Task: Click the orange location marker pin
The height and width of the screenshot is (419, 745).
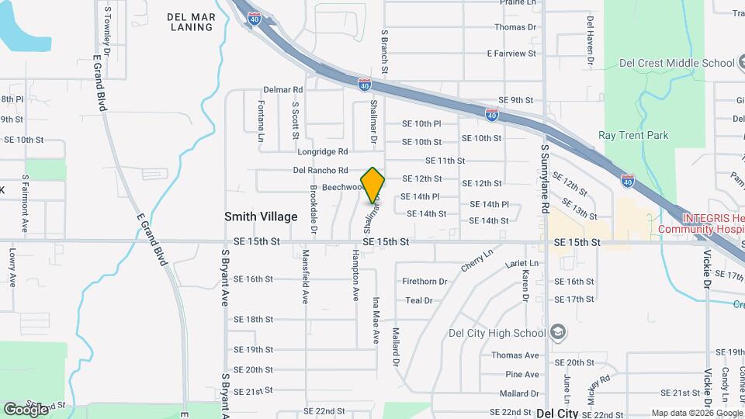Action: click(x=373, y=185)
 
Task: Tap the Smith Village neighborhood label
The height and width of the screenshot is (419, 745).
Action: click(x=261, y=216)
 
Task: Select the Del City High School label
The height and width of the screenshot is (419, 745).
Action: click(x=497, y=334)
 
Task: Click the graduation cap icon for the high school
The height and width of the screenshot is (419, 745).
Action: click(x=557, y=333)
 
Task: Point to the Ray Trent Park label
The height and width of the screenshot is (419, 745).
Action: click(x=633, y=135)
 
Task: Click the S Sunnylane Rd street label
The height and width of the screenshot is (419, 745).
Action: click(x=545, y=179)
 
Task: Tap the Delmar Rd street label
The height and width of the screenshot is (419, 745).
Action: click(x=282, y=90)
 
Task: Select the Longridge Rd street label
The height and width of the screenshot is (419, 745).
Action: click(x=322, y=151)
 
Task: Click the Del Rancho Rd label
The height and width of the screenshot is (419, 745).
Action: click(x=321, y=170)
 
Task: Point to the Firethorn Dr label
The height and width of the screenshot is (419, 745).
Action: click(x=425, y=282)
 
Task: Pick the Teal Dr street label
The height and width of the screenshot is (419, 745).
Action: click(x=418, y=300)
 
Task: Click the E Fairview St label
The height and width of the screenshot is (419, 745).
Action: click(x=511, y=54)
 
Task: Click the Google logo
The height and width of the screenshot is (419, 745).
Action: click(x=26, y=409)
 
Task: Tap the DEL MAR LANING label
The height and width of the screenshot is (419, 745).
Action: click(x=190, y=22)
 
